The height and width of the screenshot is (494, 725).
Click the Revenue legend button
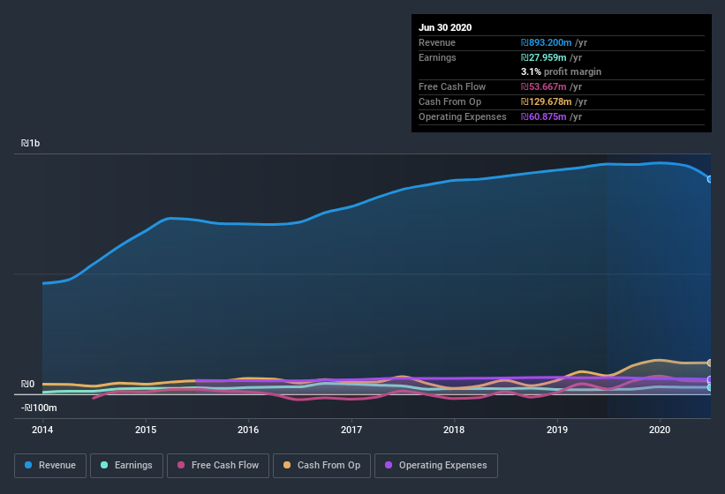pos(50,465)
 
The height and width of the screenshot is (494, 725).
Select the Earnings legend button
pos(125,465)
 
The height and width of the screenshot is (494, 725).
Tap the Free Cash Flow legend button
pos(217,465)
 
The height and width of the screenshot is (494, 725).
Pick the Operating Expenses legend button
pos(435,465)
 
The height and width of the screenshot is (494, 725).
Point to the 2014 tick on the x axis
pos(42,430)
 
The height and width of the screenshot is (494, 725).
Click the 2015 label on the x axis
pos(146,430)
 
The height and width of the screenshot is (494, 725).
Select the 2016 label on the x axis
pos(248,430)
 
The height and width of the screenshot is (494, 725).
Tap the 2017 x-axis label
pos(351,430)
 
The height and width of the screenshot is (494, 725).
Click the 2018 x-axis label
pos(454,430)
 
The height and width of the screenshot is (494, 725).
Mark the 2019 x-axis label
pos(557,430)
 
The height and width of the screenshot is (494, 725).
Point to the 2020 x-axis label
pos(660,430)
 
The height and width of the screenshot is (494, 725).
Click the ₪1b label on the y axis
pos(30,143)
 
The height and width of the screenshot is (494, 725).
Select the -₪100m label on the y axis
pos(39,408)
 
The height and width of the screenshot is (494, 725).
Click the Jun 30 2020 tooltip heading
pos(445,27)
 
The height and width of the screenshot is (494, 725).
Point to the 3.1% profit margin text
pos(561,71)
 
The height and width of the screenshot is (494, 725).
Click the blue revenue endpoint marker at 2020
pos(710,179)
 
